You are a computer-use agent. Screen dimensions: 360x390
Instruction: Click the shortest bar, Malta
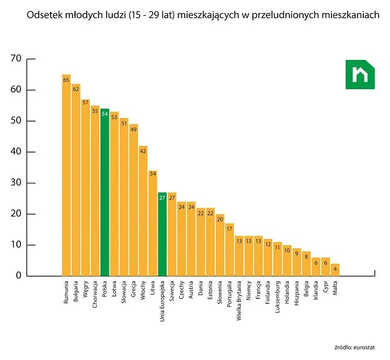click(x=335, y=270)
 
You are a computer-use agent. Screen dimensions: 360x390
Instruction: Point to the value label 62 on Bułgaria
click(x=76, y=89)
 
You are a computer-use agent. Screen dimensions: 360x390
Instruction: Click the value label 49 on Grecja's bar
click(x=134, y=130)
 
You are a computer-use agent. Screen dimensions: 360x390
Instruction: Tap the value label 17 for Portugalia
click(x=230, y=229)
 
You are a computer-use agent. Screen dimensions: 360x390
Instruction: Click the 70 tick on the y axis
click(x=16, y=59)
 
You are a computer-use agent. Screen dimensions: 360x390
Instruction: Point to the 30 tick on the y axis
click(x=16, y=183)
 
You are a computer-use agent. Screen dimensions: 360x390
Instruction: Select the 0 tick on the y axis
click(x=19, y=276)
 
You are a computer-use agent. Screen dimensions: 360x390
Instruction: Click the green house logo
click(x=360, y=74)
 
